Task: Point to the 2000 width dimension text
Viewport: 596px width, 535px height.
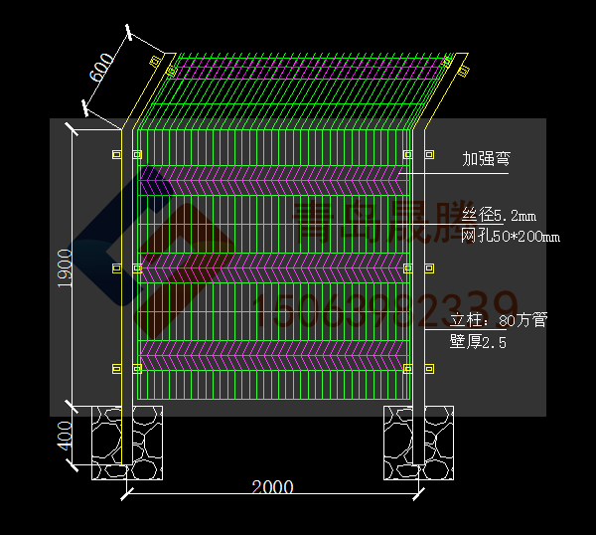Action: pyautogui.click(x=272, y=487)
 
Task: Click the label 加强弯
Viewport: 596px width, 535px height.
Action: pyautogui.click(x=487, y=159)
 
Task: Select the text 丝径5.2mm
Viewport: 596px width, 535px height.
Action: pyautogui.click(x=499, y=216)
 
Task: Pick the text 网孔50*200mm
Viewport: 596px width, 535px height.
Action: pyautogui.click(x=510, y=236)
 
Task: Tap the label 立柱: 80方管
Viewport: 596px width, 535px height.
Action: pyautogui.click(x=498, y=320)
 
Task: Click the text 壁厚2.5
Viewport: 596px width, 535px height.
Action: pyautogui.click(x=478, y=342)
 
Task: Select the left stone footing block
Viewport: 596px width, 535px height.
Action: pyautogui.click(x=127, y=443)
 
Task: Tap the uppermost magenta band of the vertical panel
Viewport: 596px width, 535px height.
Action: pyautogui.click(x=272, y=180)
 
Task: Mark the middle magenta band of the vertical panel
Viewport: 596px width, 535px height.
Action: pyautogui.click(x=272, y=267)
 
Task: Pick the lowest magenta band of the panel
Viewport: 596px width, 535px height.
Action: pyautogui.click(x=272, y=354)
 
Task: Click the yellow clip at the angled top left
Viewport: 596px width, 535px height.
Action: pyautogui.click(x=155, y=62)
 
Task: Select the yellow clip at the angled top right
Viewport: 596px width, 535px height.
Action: pyautogui.click(x=448, y=61)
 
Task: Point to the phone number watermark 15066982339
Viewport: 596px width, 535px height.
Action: pyautogui.click(x=387, y=308)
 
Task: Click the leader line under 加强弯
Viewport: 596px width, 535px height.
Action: pyautogui.click(x=457, y=174)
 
